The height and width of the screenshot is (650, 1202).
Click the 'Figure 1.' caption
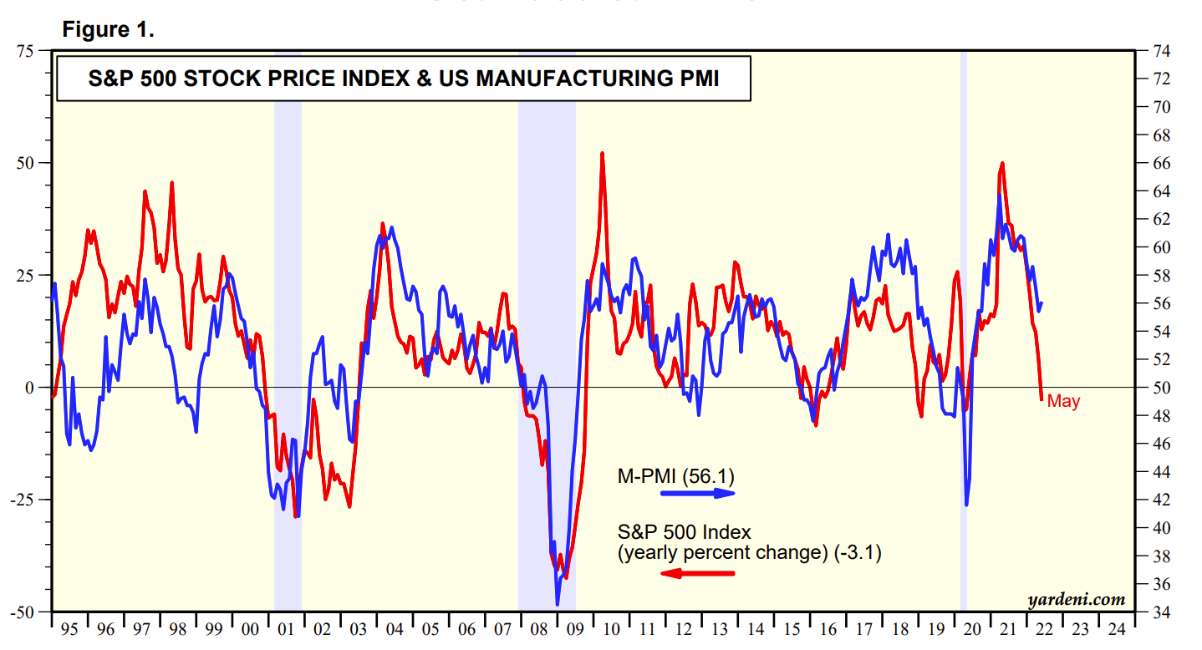click(108, 30)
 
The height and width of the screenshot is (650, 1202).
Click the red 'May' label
click(1063, 402)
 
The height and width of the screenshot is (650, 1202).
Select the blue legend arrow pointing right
click(697, 493)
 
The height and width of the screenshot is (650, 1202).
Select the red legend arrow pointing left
click(697, 573)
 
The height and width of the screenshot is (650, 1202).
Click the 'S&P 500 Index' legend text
click(685, 531)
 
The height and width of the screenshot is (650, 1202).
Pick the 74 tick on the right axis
click(1161, 51)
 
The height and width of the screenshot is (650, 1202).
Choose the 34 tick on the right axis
click(1161, 612)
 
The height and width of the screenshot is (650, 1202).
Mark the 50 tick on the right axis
click(1161, 388)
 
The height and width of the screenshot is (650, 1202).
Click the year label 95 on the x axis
click(70, 629)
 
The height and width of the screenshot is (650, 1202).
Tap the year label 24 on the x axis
click(1116, 629)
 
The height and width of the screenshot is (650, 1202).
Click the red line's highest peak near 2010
click(602, 154)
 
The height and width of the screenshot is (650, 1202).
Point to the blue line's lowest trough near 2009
click(558, 604)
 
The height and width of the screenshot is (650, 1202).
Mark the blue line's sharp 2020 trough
click(967, 505)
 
